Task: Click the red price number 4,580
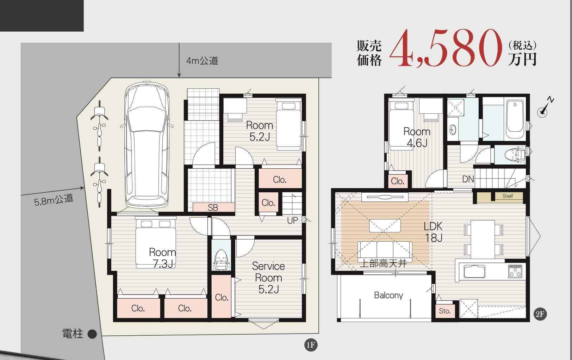(445, 48)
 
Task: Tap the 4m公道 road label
(202, 61)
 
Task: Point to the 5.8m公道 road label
(54, 199)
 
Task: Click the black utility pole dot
(92, 334)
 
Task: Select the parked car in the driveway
(147, 145)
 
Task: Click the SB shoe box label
(213, 207)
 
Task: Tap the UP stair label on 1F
(292, 221)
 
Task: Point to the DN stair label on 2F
(468, 179)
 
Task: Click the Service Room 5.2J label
(268, 278)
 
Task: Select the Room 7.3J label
(163, 258)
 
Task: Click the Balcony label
(388, 295)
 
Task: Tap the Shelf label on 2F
(508, 196)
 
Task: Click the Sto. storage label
(444, 311)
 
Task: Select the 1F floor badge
(311, 345)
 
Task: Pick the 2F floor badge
(540, 314)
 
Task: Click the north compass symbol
(545, 107)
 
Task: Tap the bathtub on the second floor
(515, 119)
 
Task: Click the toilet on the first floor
(221, 259)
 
